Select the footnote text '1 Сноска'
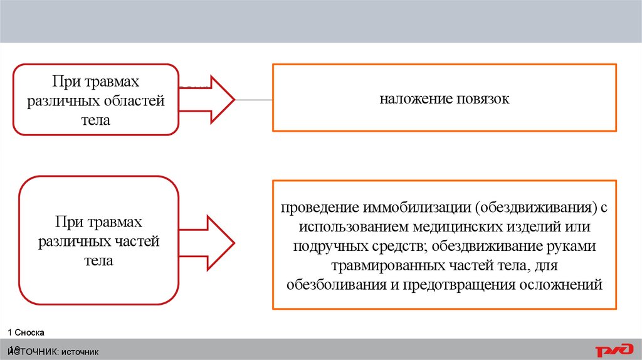click(x=26, y=331)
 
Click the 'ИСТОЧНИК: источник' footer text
click(x=55, y=352)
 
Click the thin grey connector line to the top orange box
click(x=253, y=100)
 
